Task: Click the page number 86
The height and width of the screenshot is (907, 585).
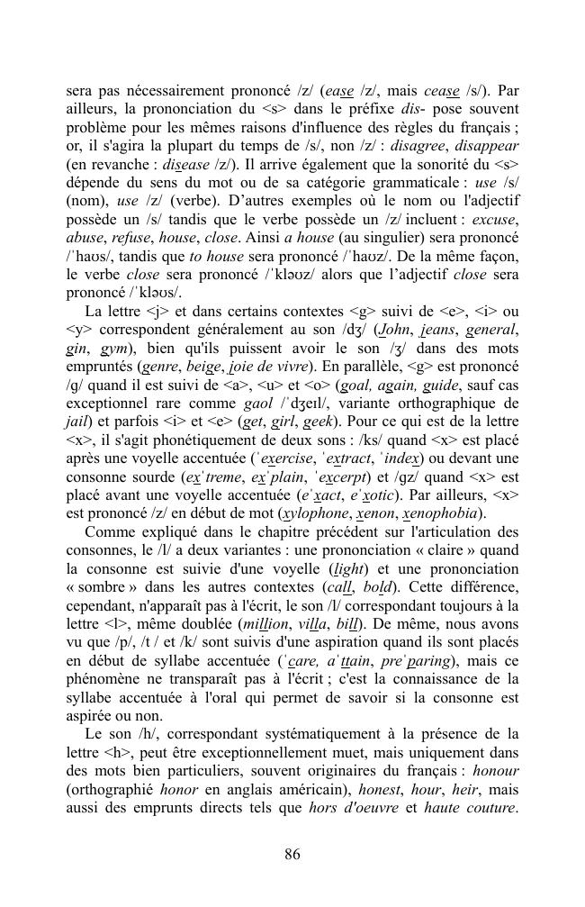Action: (x=292, y=855)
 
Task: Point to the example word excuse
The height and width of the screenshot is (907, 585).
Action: (x=495, y=219)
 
